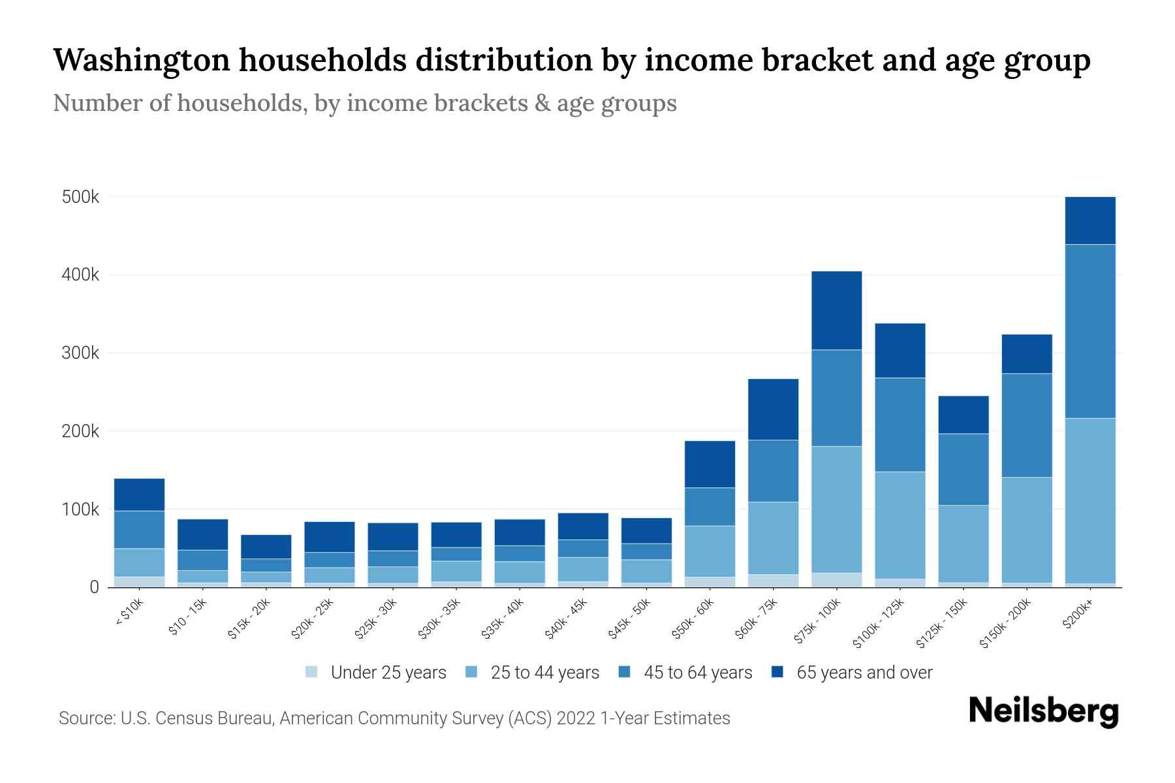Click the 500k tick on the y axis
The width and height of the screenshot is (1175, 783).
pos(80,197)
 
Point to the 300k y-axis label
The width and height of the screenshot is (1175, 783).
pos(80,353)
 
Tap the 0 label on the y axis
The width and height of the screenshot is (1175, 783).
pos(94,587)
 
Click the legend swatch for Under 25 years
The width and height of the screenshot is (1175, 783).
pos(312,671)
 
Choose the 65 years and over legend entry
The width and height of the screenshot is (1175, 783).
pos(864,672)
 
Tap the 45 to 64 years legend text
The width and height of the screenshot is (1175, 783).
pos(698,672)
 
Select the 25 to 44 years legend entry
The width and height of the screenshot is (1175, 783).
pos(544,672)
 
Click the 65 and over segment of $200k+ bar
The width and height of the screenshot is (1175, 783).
pos(1090,220)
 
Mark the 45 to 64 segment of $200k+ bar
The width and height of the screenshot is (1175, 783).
pos(1090,331)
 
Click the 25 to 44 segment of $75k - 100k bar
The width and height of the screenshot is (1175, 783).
pos(836,509)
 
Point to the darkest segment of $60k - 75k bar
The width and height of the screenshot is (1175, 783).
pos(773,409)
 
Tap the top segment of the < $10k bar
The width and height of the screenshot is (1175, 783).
pos(139,495)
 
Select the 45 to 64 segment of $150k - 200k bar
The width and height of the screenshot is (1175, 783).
pos(1027,425)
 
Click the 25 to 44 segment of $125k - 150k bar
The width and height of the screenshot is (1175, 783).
pos(963,543)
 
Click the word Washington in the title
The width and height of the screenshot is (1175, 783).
pos(141,60)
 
